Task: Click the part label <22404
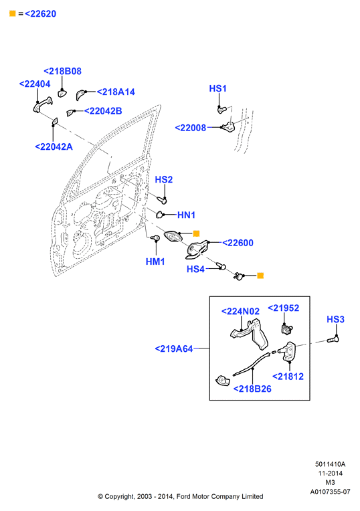35,84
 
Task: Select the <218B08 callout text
62,72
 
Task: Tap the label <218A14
116,92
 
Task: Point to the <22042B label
103,111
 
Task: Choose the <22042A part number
54,147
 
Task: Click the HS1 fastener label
217,89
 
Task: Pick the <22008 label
191,128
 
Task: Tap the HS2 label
164,179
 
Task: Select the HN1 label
186,215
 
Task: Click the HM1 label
155,262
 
